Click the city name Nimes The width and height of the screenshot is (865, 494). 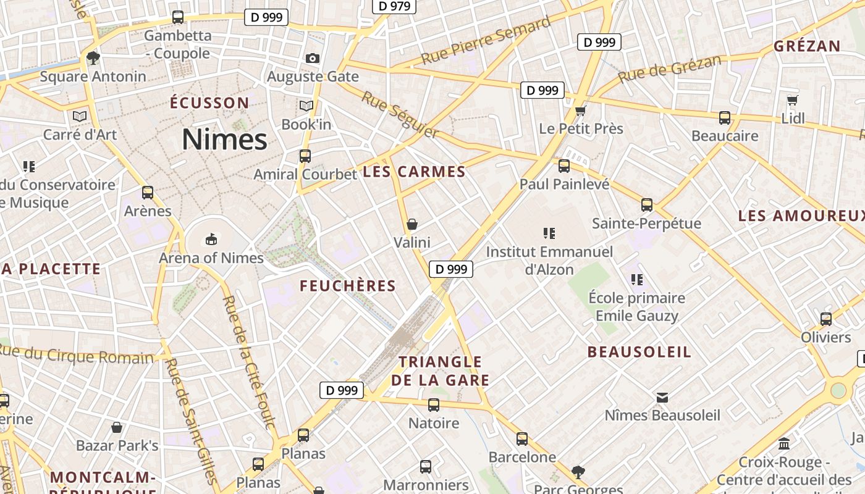click(224, 140)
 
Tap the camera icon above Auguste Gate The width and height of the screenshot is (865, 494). click(313, 58)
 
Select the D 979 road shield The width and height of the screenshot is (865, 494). click(394, 6)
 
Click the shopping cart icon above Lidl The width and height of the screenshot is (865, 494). click(793, 100)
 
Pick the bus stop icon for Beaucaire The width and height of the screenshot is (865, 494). click(725, 118)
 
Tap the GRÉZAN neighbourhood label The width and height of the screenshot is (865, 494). click(807, 46)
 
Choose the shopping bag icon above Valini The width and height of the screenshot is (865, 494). click(412, 224)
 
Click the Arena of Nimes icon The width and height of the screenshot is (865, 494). click(211, 238)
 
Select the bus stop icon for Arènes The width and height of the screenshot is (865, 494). click(147, 193)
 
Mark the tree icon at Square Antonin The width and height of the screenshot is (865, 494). click(93, 59)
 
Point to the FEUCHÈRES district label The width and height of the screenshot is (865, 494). click(347, 286)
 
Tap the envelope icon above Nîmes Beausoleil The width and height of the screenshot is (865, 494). click(662, 397)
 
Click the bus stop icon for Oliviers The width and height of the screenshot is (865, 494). click(826, 319)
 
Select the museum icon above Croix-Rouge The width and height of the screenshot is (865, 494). click(785, 443)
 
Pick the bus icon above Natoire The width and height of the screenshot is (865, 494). click(434, 405)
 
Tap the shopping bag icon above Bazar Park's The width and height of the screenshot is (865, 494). click(117, 427)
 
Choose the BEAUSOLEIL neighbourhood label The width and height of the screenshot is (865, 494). click(639, 352)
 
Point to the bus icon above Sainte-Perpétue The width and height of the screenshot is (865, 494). click(647, 205)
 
